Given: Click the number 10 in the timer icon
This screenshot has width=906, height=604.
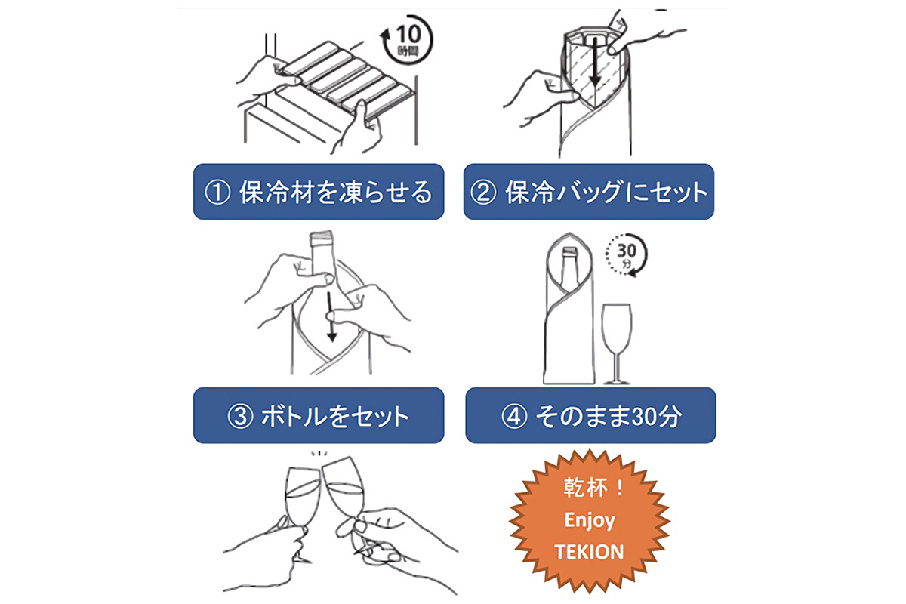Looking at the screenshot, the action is (408, 35).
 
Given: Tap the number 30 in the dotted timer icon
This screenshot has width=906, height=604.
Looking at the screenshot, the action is (627, 251).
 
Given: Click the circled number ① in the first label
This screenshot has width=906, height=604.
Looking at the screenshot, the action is (217, 193).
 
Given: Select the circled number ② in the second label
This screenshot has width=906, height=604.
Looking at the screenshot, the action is (483, 193).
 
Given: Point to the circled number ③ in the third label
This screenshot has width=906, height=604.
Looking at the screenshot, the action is (240, 416).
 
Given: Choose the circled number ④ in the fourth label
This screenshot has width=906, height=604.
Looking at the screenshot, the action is (514, 416).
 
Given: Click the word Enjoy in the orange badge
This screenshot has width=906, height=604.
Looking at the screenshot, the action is (590, 521).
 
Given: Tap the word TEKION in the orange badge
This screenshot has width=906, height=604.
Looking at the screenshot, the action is (590, 552).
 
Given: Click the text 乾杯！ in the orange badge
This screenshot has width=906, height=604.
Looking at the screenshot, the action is (593, 488).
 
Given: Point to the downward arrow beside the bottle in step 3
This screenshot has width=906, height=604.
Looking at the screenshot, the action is (331, 317).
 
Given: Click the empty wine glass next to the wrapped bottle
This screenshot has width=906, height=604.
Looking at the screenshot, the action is (616, 344).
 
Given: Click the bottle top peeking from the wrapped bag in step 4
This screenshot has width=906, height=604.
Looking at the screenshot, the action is (570, 252).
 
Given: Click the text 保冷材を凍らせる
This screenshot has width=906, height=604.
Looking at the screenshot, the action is (336, 193).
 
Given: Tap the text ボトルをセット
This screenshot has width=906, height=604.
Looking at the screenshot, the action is (335, 416).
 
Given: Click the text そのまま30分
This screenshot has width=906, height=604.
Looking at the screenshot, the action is (609, 416).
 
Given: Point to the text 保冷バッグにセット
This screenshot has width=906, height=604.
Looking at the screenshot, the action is (606, 193).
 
